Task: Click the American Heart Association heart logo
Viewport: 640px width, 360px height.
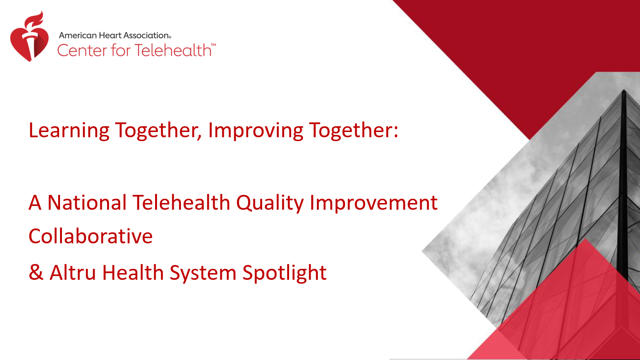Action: click(29, 36)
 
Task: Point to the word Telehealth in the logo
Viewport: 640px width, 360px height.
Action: click(173, 50)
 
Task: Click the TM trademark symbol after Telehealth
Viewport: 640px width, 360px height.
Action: click(214, 45)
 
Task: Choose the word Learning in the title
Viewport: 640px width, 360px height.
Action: click(69, 131)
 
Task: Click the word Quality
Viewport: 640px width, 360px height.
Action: click(270, 203)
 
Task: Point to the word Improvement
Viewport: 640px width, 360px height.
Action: click(374, 203)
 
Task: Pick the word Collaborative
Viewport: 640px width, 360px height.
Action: click(91, 236)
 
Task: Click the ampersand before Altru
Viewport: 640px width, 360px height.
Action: click(36, 272)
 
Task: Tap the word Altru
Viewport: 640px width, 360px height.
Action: click(72, 272)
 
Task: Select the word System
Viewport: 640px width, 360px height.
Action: click(203, 273)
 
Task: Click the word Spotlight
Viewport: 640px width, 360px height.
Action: click(285, 273)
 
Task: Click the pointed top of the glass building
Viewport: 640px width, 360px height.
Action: click(624, 91)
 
